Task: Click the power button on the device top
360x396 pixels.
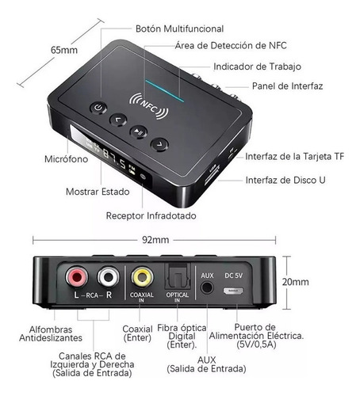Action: tap(98, 108)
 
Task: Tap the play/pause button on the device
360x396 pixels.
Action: tap(138, 131)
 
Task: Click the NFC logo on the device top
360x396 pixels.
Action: tap(149, 105)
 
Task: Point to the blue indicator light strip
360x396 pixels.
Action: tap(164, 91)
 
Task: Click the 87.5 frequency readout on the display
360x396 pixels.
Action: tap(114, 158)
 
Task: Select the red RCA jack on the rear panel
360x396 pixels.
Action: tap(76, 277)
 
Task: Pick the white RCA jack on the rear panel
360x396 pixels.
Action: tap(109, 276)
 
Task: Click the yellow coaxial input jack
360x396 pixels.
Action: tap(142, 277)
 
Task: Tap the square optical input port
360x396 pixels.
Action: tap(178, 276)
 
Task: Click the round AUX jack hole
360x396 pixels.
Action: tap(207, 287)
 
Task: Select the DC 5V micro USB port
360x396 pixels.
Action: tap(233, 291)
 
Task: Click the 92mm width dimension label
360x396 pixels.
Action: tap(155, 240)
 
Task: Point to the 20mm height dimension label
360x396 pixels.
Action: tap(295, 282)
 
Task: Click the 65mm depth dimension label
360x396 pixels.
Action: tap(64, 50)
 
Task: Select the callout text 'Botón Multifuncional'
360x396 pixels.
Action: tap(179, 29)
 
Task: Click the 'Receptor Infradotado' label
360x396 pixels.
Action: tap(151, 215)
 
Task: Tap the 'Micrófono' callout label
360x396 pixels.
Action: tap(67, 159)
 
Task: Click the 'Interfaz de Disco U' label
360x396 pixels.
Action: tap(285, 180)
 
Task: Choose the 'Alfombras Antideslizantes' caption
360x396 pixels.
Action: tap(51, 333)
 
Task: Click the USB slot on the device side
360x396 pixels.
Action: tap(212, 175)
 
